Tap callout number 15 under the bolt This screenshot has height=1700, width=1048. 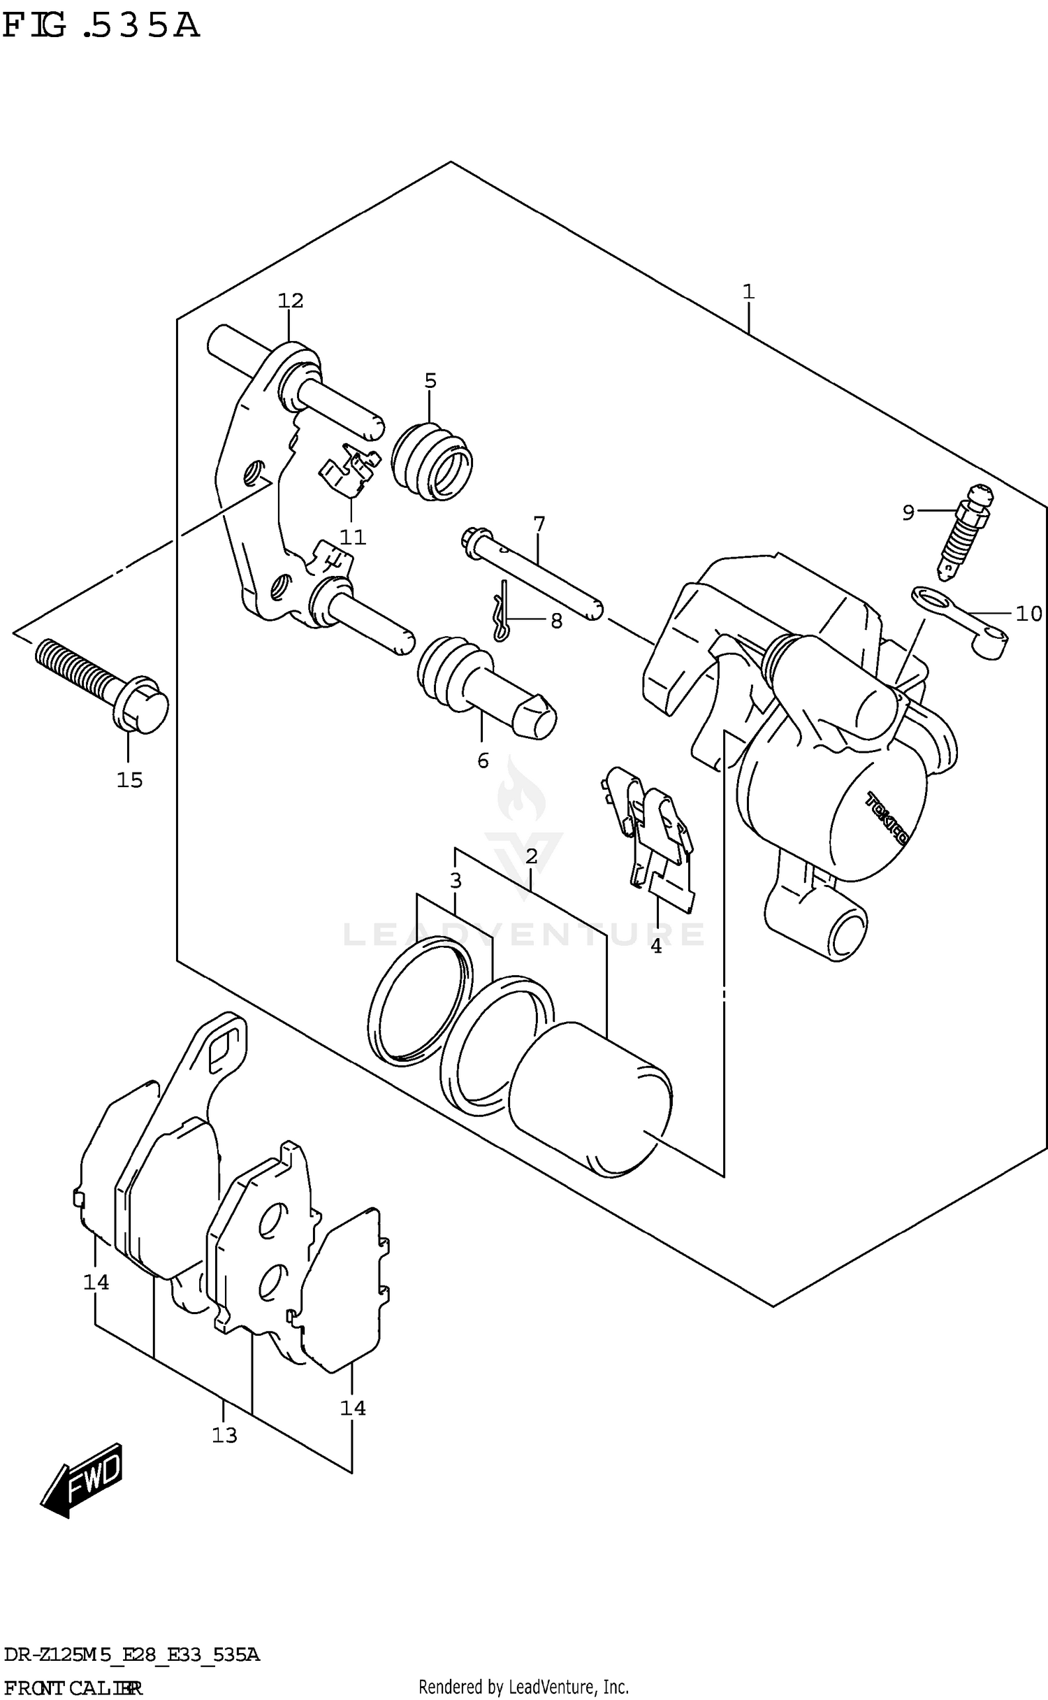click(129, 779)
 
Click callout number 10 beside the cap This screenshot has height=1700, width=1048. click(1028, 614)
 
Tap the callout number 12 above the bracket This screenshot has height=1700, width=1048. click(291, 301)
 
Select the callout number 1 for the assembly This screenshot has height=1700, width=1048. click(748, 291)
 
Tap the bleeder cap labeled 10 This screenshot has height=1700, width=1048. click(964, 621)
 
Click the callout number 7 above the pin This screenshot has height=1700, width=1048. click(539, 523)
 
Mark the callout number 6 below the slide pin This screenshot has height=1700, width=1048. click(483, 761)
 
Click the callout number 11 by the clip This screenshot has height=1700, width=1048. click(353, 537)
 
